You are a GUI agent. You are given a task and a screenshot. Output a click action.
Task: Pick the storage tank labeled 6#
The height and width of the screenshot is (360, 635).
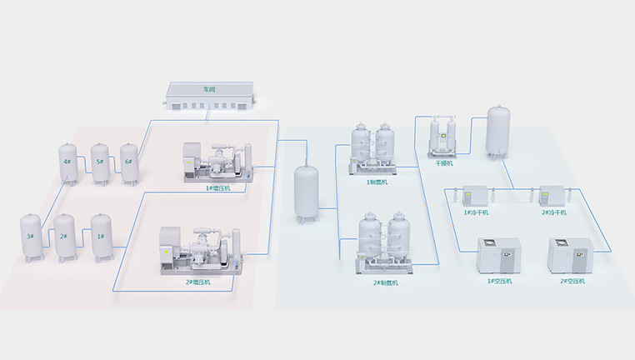(129, 162)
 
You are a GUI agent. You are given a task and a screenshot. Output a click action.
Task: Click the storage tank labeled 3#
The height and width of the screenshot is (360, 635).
(30, 237)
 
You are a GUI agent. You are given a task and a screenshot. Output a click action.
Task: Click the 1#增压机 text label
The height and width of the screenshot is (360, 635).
(219, 188)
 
